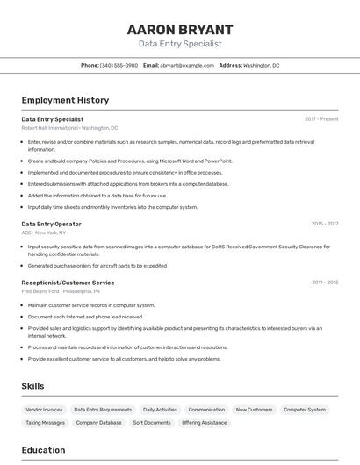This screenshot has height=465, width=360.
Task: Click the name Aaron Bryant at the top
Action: (x=180, y=29)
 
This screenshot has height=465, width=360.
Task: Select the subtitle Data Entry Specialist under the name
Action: (x=180, y=43)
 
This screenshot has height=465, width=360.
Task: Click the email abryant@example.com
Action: (x=187, y=65)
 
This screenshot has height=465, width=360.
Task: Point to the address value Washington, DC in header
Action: (x=261, y=65)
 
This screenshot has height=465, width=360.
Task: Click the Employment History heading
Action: (x=65, y=100)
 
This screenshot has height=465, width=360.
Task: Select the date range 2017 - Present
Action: (x=321, y=119)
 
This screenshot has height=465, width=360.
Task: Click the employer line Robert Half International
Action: (x=69, y=128)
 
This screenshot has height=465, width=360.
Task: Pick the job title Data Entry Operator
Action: (x=51, y=224)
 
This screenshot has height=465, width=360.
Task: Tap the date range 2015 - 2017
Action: (x=324, y=224)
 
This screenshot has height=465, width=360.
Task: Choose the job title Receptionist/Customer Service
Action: (x=68, y=283)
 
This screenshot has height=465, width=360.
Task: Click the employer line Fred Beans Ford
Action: (x=61, y=290)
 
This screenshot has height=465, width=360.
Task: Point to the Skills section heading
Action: (x=32, y=386)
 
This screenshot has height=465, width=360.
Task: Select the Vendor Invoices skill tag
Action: (x=45, y=410)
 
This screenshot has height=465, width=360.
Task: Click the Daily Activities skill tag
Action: (x=160, y=410)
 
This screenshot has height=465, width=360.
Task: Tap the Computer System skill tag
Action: (x=305, y=410)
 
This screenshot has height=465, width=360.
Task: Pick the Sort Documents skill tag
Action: (x=152, y=423)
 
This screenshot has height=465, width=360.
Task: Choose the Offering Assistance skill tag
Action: (x=205, y=423)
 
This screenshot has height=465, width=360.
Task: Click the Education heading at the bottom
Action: (x=43, y=450)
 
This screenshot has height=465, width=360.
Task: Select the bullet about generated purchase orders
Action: (x=97, y=265)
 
